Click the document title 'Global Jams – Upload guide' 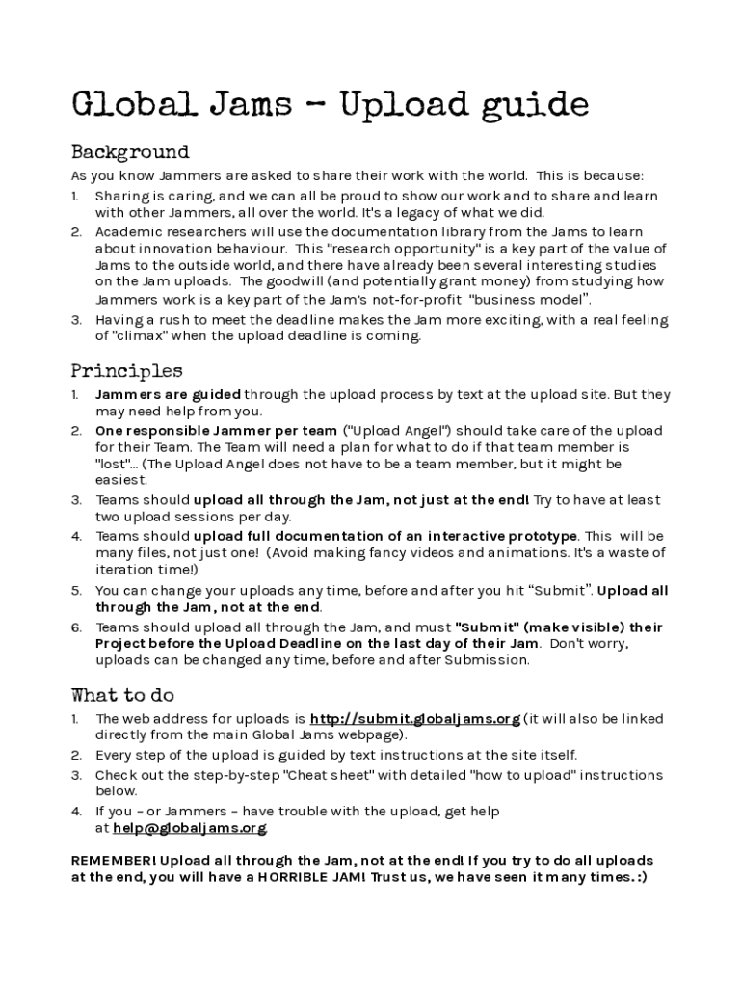pyautogui.click(x=330, y=105)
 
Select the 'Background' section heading pyautogui.click(x=130, y=152)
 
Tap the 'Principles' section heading pyautogui.click(x=126, y=371)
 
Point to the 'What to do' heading pyautogui.click(x=122, y=695)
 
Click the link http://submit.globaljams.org pyautogui.click(x=414, y=719)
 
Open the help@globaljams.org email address pyautogui.click(x=189, y=828)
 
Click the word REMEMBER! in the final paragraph pyautogui.click(x=114, y=860)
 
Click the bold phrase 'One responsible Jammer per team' pyautogui.click(x=216, y=431)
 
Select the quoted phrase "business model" pyautogui.click(x=532, y=299)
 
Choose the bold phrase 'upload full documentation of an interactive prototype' pyautogui.click(x=385, y=536)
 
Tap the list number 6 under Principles pyautogui.click(x=76, y=627)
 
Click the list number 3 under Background pyautogui.click(x=76, y=320)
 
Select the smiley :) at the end pyautogui.click(x=641, y=877)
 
